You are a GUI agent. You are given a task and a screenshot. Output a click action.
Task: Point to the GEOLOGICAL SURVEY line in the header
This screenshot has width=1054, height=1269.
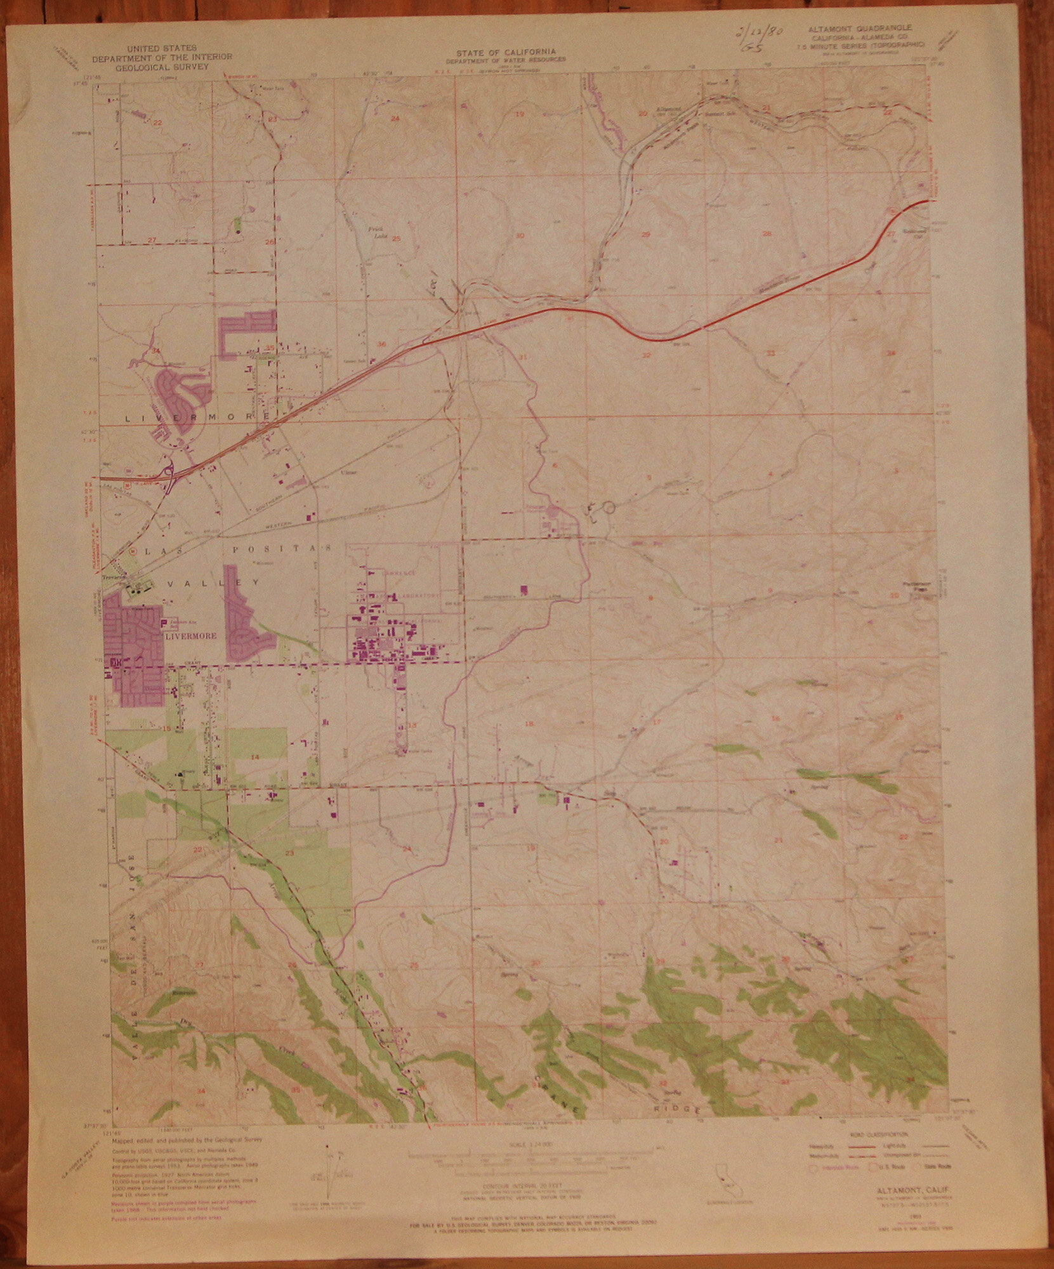point(163,64)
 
